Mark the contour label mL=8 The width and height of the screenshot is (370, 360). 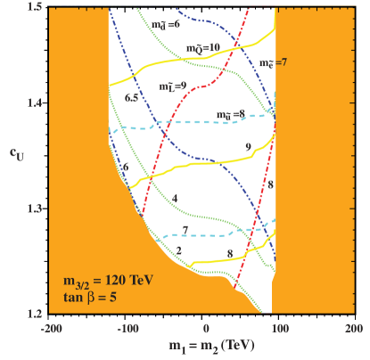pos(173,87)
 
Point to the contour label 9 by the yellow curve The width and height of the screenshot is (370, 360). pos(245,145)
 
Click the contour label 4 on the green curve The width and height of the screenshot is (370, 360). pos(175,197)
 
